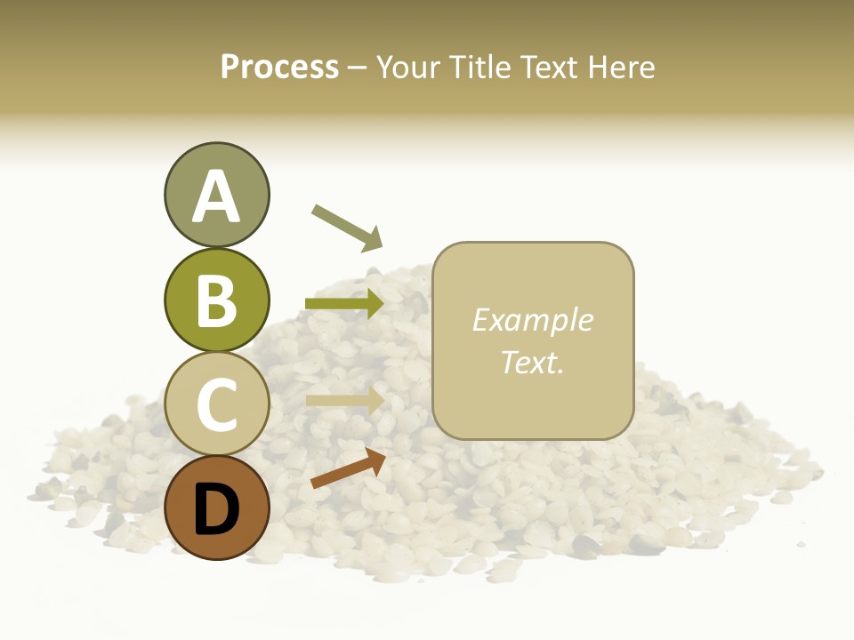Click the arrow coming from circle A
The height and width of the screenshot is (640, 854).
click(x=347, y=227)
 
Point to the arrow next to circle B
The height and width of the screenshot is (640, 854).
click(x=345, y=303)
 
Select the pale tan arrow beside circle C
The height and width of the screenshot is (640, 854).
click(x=345, y=400)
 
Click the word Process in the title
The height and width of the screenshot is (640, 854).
click(x=279, y=67)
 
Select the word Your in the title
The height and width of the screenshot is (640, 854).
click(x=410, y=67)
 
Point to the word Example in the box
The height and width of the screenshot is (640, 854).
click(x=532, y=320)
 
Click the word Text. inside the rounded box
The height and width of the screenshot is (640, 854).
click(x=532, y=362)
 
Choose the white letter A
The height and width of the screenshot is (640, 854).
click(x=216, y=196)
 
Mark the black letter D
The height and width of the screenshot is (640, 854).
click(x=216, y=508)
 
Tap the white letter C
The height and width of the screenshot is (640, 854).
click(x=216, y=404)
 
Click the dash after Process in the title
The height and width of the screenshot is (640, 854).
click(x=358, y=68)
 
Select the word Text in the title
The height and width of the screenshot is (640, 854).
click(x=548, y=67)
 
